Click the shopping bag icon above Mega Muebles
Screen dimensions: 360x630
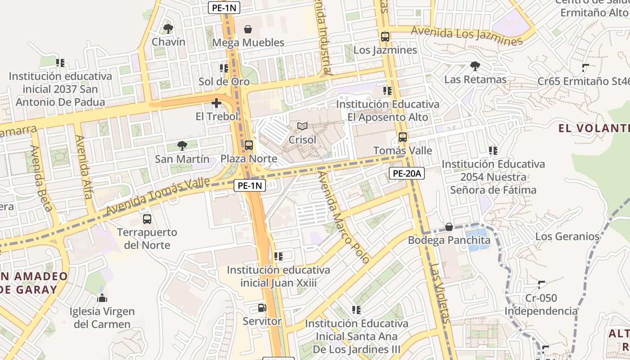248,30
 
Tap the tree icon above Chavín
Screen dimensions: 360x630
168,29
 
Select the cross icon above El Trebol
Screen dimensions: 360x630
216,103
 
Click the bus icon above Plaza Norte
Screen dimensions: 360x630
249,145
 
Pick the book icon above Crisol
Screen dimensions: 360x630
302,127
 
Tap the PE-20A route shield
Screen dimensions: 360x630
406,173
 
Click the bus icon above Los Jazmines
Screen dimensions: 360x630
385,37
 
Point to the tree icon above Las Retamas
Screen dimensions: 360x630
475,67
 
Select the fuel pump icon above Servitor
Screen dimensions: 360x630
262,308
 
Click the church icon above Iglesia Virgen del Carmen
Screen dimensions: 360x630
102,298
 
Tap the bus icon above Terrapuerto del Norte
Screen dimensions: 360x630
147,219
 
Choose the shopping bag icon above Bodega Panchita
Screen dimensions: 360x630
449,227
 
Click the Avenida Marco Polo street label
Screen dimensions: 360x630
343,217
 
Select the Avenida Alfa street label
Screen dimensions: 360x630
84,167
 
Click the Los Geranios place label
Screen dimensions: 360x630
567,236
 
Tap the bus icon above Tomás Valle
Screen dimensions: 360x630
403,137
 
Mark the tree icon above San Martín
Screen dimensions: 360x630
182,146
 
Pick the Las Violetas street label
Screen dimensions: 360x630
440,292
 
